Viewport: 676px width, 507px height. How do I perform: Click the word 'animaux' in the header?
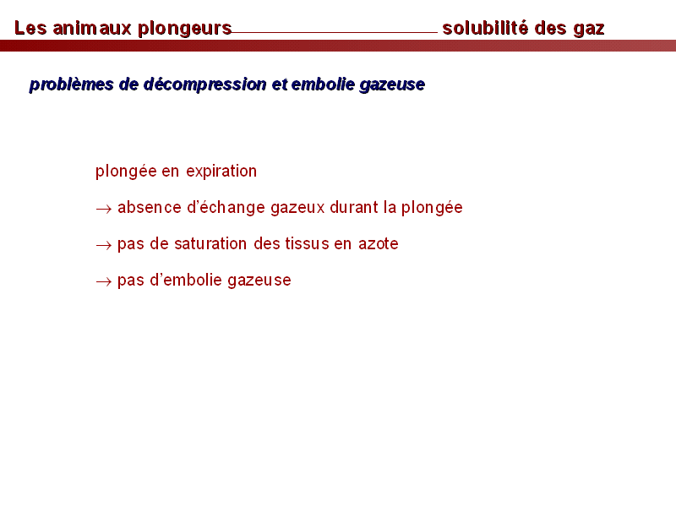pos(92,28)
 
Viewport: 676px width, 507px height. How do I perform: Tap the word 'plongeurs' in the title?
pos(185,30)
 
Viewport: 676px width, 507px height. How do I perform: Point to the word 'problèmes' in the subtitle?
pos(72,84)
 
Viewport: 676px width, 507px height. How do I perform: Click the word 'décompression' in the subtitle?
pos(204,84)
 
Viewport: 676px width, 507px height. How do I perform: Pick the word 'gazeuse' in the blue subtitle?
pos(392,85)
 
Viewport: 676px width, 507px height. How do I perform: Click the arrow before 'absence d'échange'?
pos(104,210)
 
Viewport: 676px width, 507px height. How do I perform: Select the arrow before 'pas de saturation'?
pos(104,246)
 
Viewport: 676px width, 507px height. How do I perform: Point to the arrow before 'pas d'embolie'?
pos(104,282)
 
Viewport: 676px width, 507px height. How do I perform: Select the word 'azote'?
pos(379,244)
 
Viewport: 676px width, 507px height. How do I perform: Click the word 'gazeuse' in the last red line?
pos(259,281)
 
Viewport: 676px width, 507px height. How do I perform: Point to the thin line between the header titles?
pos(335,32)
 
